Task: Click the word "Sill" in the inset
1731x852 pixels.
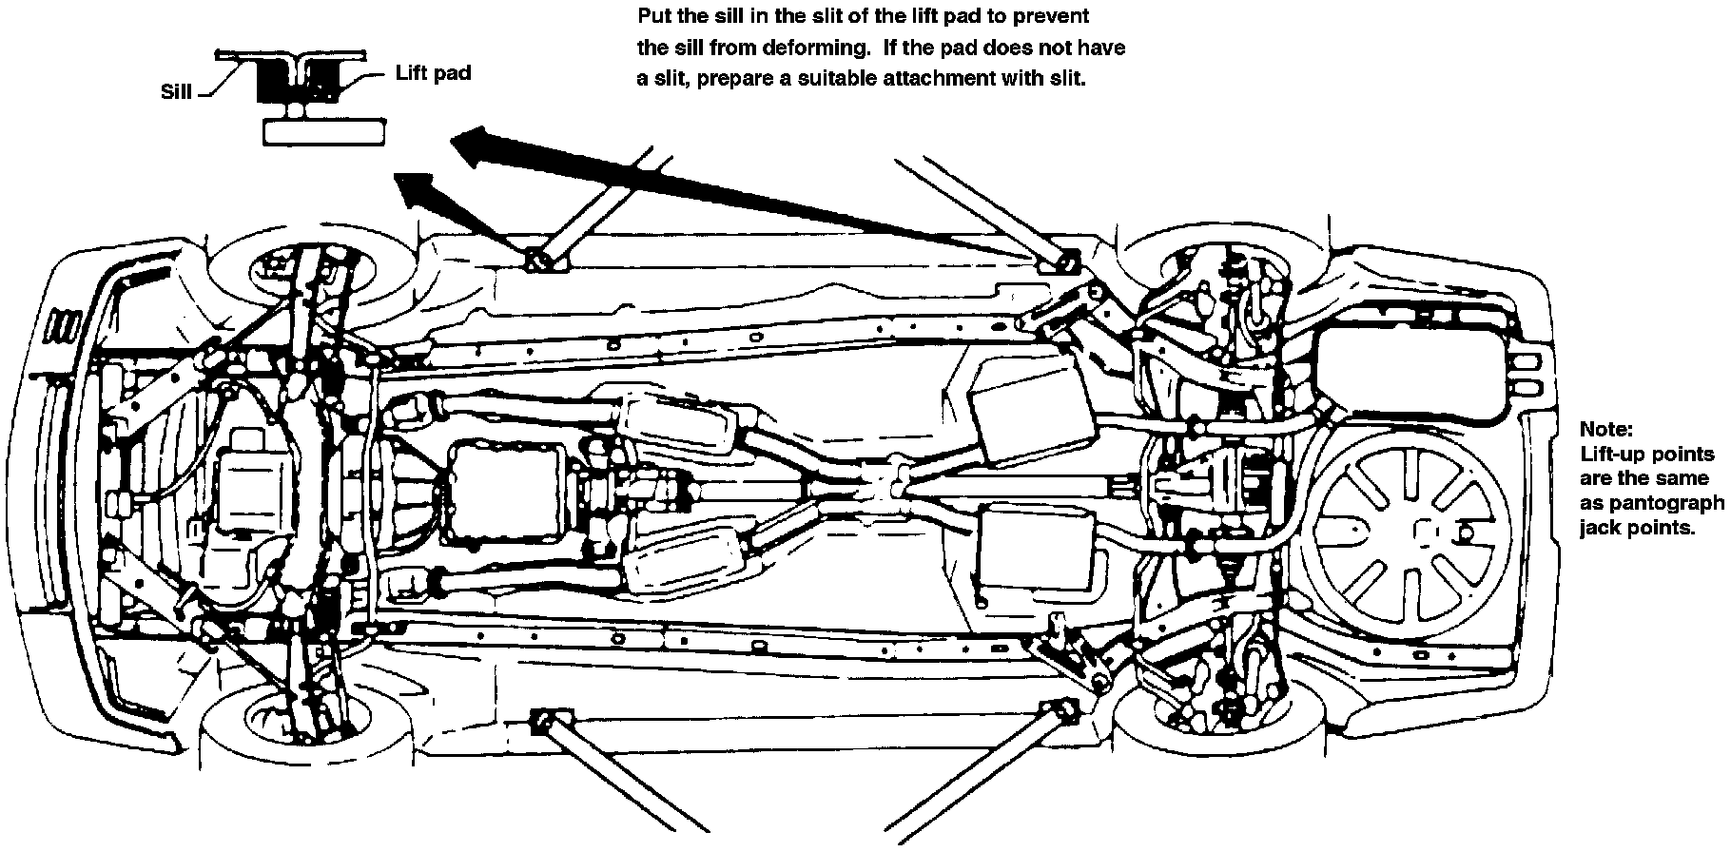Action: [176, 91]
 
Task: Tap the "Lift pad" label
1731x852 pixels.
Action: [433, 73]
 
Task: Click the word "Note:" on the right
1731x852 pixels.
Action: [1606, 429]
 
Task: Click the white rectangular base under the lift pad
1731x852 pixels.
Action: [324, 132]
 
